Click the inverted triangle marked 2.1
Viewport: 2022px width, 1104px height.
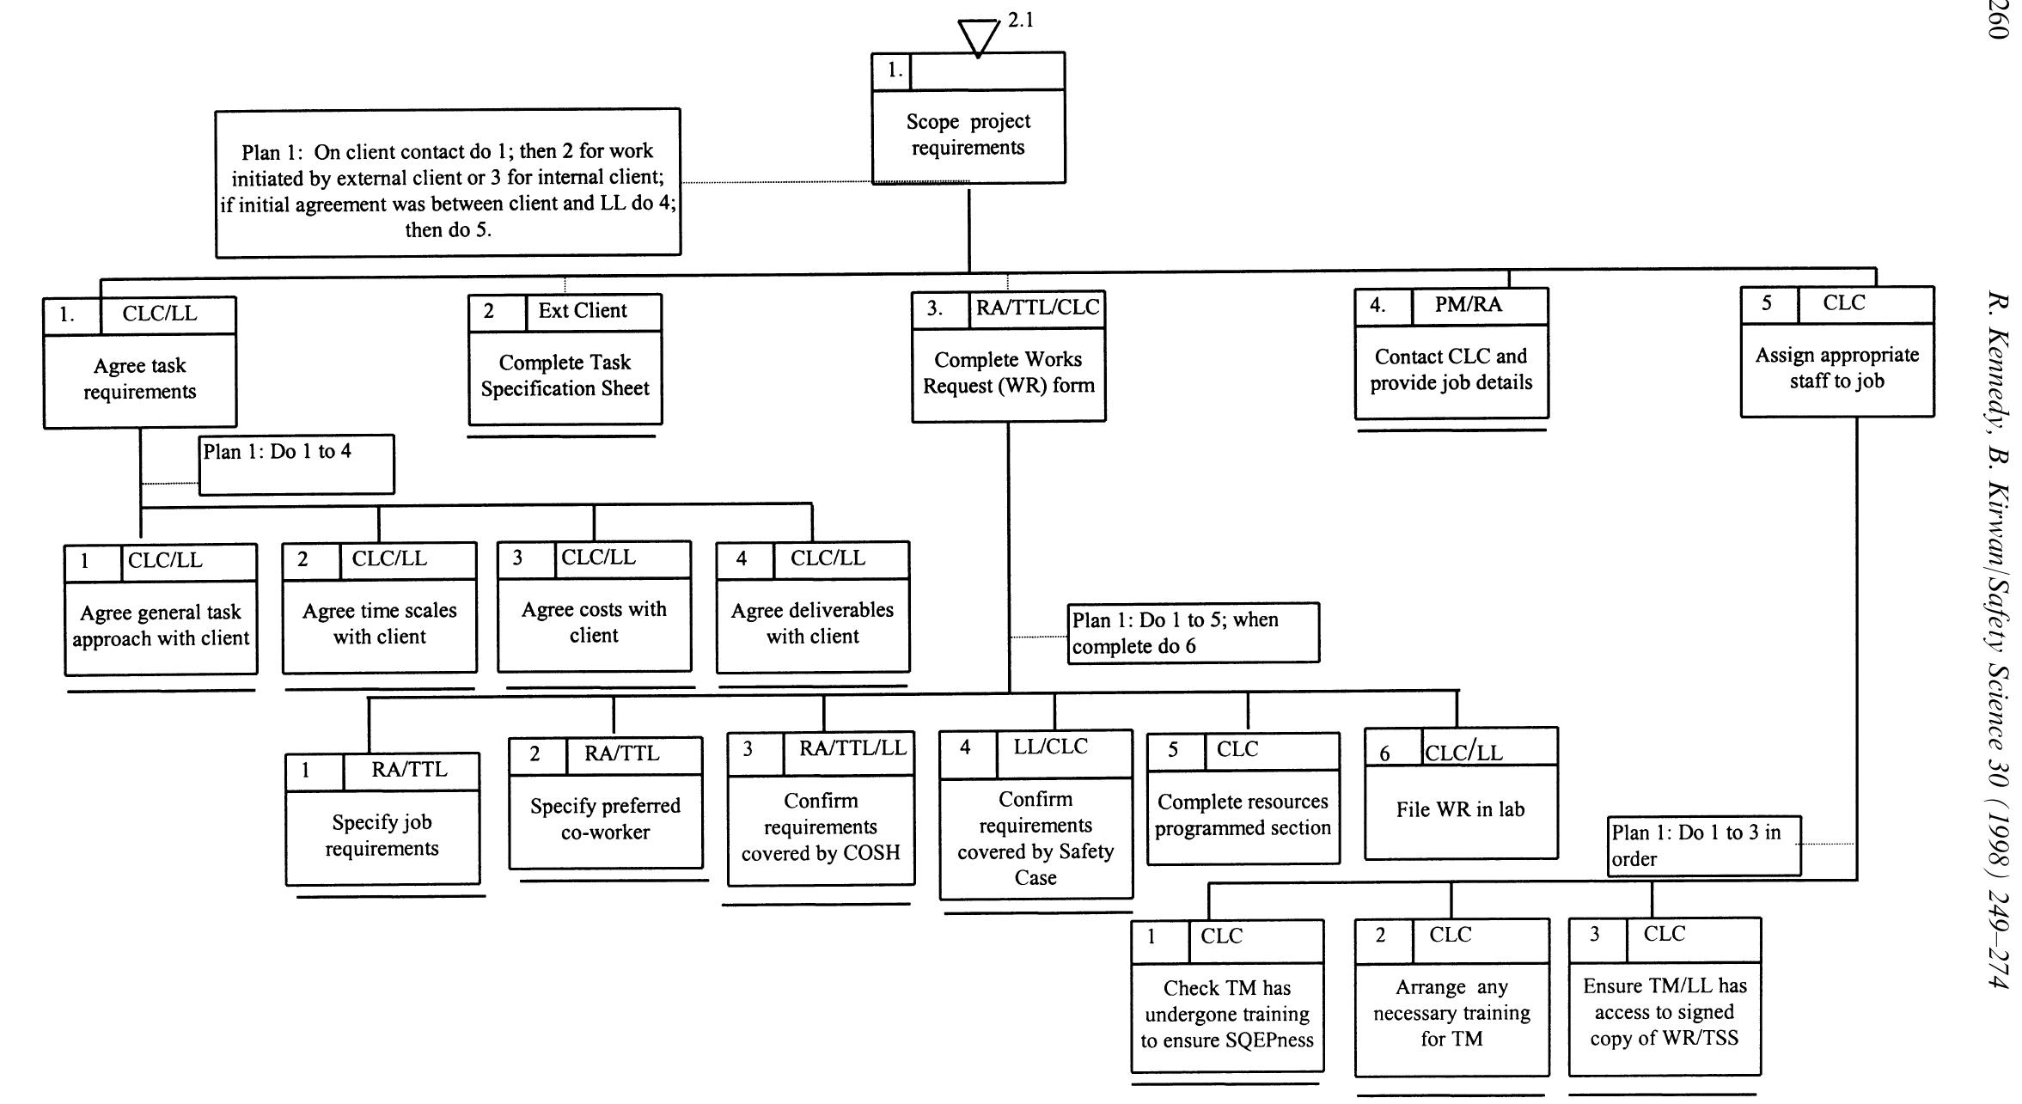[979, 36]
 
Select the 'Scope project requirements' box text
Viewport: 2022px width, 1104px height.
[968, 135]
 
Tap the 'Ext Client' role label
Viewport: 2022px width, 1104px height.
[583, 311]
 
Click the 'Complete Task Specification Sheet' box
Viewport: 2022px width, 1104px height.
[565, 375]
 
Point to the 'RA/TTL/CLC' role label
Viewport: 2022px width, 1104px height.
[1037, 308]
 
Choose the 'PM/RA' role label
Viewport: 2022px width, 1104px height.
[1468, 305]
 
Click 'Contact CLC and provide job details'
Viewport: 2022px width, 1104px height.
[1451, 369]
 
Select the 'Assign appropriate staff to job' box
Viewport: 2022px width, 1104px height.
[1836, 368]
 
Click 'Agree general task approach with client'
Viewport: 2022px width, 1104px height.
[161, 625]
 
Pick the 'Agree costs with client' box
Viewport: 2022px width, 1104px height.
[594, 622]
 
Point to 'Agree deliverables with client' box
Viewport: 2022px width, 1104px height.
[812, 623]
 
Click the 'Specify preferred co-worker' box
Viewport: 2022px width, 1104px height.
[605, 819]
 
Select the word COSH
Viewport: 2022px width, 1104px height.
[871, 853]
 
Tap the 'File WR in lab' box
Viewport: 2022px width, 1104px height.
[1460, 809]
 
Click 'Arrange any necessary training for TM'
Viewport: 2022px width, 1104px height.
[1451, 1013]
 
